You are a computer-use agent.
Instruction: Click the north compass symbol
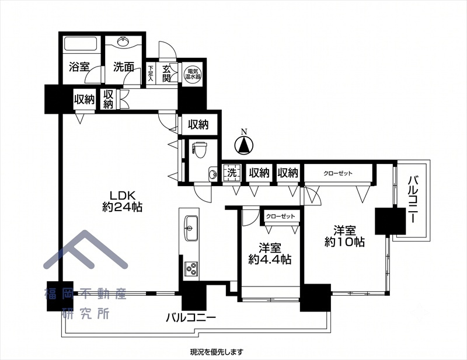click(244, 145)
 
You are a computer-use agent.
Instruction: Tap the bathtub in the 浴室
click(81, 44)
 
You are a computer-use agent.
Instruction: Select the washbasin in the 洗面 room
click(123, 41)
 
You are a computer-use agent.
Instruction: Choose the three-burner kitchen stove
click(191, 269)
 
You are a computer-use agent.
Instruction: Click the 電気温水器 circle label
click(193, 74)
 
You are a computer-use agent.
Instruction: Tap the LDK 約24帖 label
click(122, 201)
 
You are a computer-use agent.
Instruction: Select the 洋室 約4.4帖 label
click(270, 254)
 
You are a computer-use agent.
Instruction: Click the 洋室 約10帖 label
click(344, 236)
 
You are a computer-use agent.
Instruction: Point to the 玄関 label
click(166, 74)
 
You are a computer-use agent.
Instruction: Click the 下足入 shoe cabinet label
click(151, 74)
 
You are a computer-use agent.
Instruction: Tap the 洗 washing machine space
click(232, 173)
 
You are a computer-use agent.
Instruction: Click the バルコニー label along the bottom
click(191, 318)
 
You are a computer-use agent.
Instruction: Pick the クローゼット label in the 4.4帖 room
click(280, 216)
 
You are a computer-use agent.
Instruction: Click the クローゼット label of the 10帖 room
click(338, 173)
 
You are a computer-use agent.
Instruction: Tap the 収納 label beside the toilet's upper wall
click(198, 125)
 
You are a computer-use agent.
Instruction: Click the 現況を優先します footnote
click(217, 352)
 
